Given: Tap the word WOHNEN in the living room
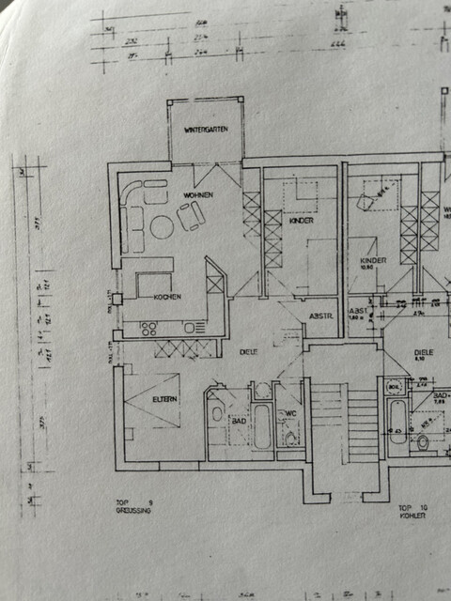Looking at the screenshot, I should click(198, 194).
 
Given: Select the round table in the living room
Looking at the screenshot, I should click(162, 226).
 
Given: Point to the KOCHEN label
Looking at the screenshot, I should click(166, 297).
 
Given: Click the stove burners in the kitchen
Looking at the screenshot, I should click(148, 328).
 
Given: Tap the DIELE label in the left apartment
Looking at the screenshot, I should click(248, 351).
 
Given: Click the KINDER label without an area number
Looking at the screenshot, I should click(301, 221).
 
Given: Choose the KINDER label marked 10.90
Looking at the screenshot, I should click(373, 264).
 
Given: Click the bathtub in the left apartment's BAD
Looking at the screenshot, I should click(262, 426).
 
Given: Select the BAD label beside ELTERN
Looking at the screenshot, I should click(240, 422).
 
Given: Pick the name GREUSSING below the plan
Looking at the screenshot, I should click(132, 512).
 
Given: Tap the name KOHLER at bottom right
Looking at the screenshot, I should click(412, 516).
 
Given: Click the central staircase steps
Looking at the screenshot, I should click(345, 423).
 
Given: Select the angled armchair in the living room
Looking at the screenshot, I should click(191, 217).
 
